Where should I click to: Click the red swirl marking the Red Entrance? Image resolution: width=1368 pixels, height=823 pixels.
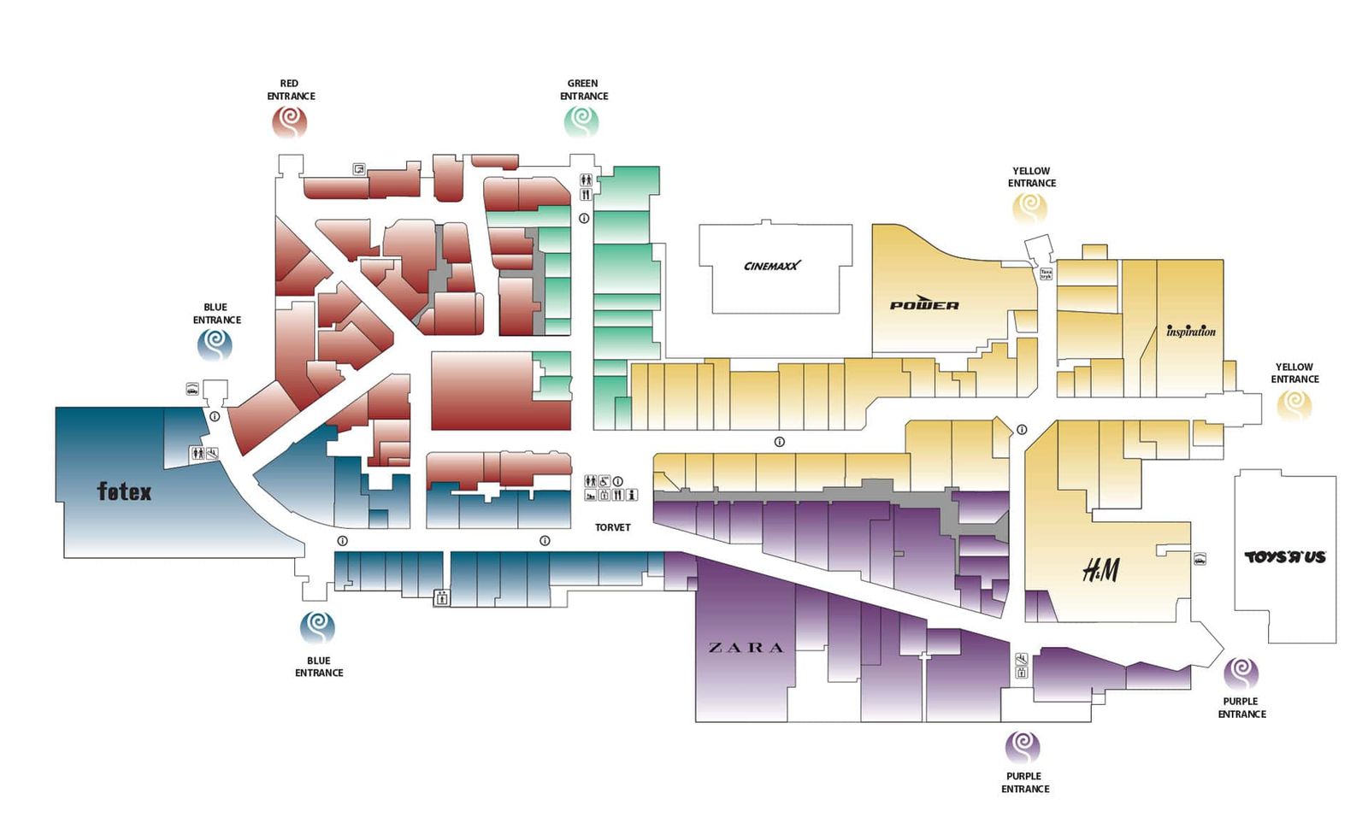click(x=290, y=123)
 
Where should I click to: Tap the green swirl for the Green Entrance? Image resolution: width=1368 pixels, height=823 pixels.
click(x=581, y=122)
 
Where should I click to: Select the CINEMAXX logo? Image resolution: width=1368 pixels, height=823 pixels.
click(x=772, y=266)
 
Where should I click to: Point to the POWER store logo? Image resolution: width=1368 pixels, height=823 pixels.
click(x=924, y=304)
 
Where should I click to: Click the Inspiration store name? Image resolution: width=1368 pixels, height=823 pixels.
click(x=1190, y=331)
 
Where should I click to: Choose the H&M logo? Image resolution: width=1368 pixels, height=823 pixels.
click(x=1100, y=569)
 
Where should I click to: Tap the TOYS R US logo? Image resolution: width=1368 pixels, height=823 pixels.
click(x=1284, y=557)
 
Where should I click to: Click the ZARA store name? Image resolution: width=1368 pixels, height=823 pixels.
click(x=746, y=648)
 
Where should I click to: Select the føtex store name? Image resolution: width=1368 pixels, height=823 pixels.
click(x=124, y=491)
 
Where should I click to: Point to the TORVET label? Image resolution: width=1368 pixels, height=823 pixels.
click(x=612, y=527)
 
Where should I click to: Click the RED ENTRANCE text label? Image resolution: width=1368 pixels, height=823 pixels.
click(x=291, y=90)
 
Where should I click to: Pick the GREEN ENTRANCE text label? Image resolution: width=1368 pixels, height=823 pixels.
click(x=584, y=90)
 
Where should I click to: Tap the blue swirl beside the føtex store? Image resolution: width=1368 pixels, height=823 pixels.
click(x=215, y=345)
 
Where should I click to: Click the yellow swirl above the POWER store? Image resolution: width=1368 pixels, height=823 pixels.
click(x=1030, y=208)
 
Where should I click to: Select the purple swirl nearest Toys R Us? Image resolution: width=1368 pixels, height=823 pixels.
click(x=1241, y=673)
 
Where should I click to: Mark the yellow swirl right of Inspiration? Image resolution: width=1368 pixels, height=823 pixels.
click(x=1294, y=403)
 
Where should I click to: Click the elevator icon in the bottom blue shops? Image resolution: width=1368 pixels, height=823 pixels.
click(x=441, y=597)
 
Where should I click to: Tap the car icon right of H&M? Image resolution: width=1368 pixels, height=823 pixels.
click(x=1200, y=560)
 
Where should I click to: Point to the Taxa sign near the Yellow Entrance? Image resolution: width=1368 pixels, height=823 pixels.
click(x=1046, y=274)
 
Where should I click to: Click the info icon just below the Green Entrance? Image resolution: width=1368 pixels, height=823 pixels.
click(x=584, y=219)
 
